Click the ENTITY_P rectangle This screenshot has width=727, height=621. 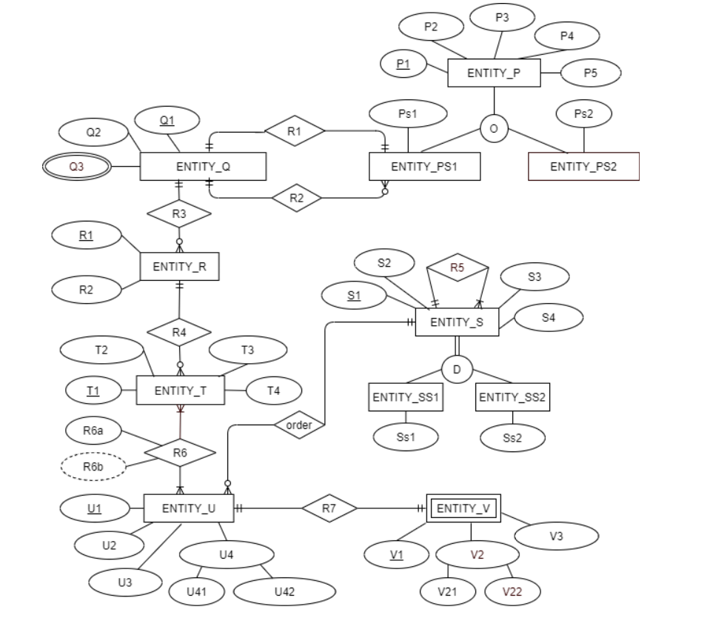pyautogui.click(x=494, y=73)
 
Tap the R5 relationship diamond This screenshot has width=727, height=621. pyautogui.click(x=458, y=268)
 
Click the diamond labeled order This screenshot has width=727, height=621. pyautogui.click(x=299, y=425)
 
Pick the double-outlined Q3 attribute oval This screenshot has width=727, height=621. pyautogui.click(x=76, y=167)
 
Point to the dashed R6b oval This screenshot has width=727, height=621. pyautogui.click(x=93, y=466)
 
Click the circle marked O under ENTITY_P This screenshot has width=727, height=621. pyautogui.click(x=494, y=129)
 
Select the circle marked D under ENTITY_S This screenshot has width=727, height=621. pyautogui.click(x=457, y=369)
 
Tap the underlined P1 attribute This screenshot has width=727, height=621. pyautogui.click(x=403, y=64)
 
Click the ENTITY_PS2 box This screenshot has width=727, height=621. pyautogui.click(x=583, y=166)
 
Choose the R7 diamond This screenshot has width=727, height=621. pyautogui.click(x=329, y=508)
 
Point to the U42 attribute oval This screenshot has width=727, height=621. pyautogui.click(x=284, y=591)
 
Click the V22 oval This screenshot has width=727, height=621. pyautogui.click(x=512, y=591)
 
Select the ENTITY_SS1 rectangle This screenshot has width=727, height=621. pyautogui.click(x=406, y=397)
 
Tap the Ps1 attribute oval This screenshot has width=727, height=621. pyautogui.click(x=408, y=114)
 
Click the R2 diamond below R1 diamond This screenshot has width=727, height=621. pyautogui.click(x=296, y=198)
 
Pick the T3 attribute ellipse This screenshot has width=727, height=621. pyautogui.click(x=247, y=351)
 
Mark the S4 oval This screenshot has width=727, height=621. pyautogui.click(x=548, y=317)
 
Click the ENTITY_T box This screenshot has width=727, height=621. pyautogui.click(x=180, y=390)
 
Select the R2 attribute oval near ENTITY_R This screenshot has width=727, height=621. pyautogui.click(x=87, y=290)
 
